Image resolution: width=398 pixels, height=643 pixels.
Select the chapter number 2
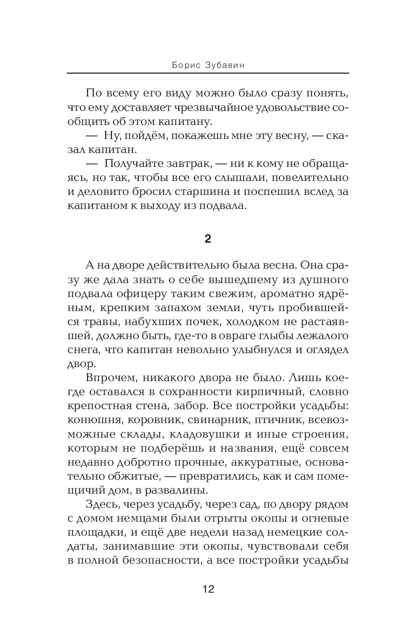(208, 239)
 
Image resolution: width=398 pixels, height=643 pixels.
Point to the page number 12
(208, 589)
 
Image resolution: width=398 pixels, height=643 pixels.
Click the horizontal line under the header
(208, 74)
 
